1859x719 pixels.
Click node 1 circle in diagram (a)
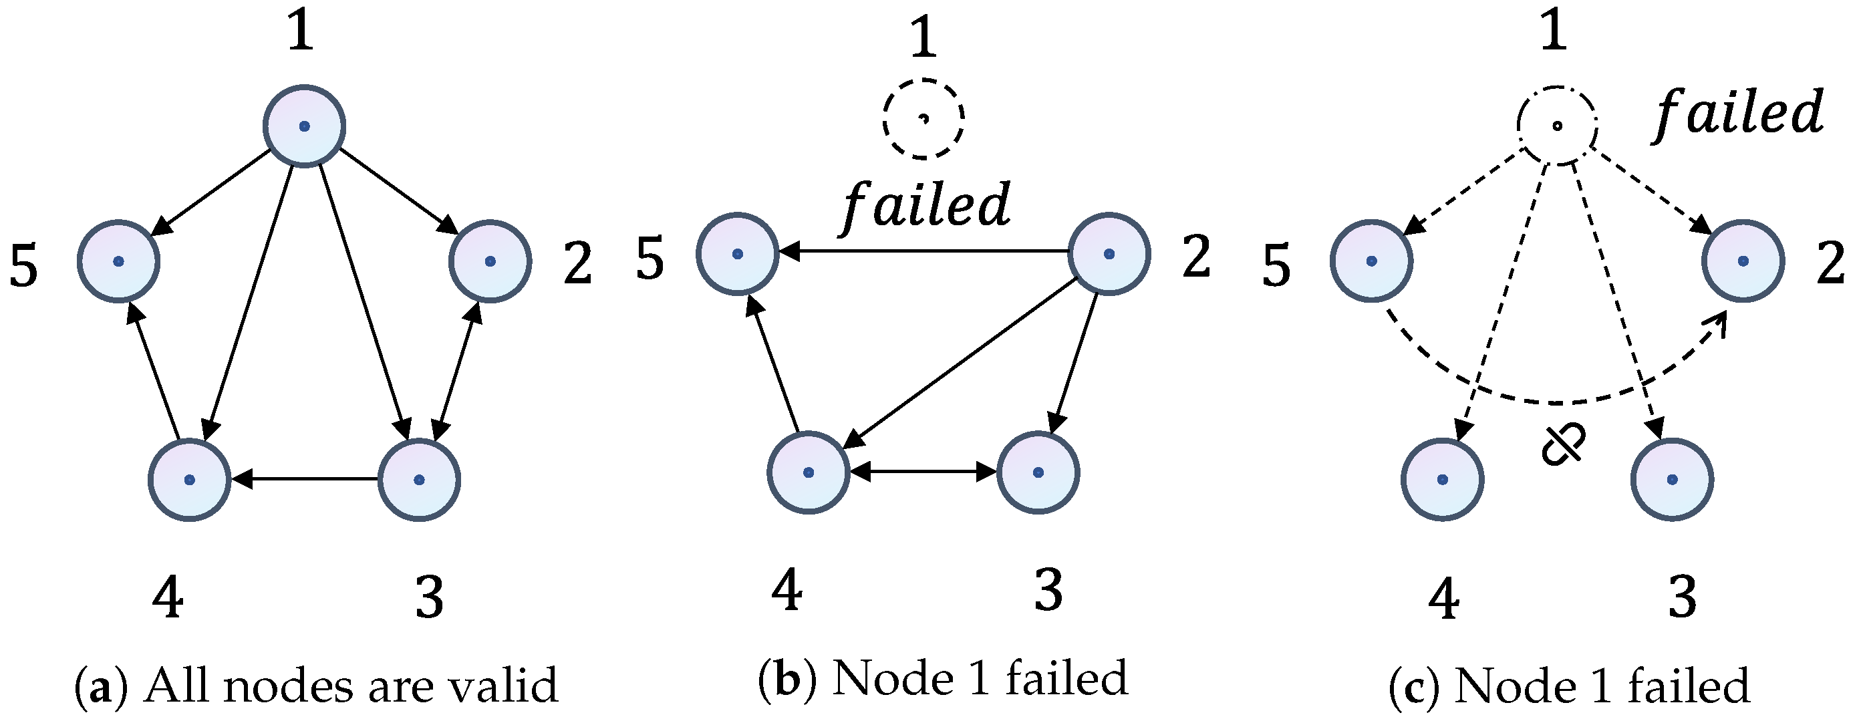tap(304, 126)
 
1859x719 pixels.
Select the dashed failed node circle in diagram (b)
tap(923, 118)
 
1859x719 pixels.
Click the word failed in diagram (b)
tap(926, 205)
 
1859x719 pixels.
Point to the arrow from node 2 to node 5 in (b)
tap(923, 252)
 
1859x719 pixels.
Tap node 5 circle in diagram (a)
tap(118, 261)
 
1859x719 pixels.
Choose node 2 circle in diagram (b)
tap(1109, 253)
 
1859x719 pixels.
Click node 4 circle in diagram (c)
tap(1442, 479)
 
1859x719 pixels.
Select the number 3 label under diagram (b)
tap(1048, 590)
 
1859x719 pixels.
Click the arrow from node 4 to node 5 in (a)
tap(154, 371)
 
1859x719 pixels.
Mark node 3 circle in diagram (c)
tap(1671, 479)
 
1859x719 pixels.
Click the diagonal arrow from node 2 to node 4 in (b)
tap(960, 363)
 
